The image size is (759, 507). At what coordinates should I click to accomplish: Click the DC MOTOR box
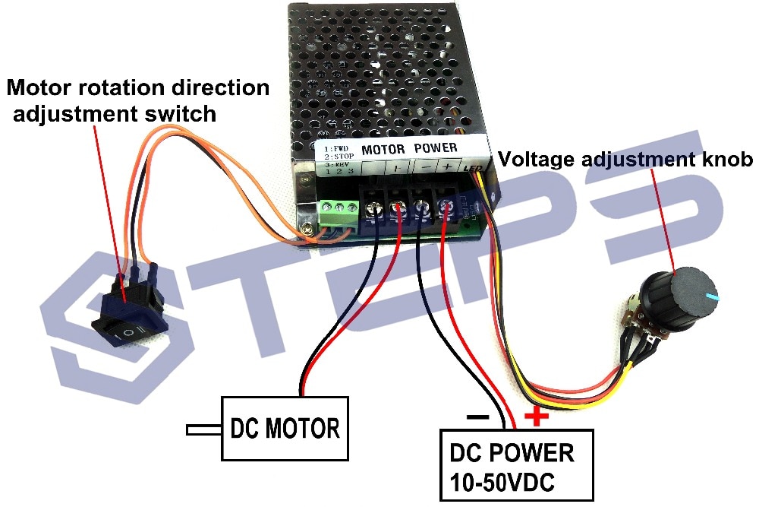pyautogui.click(x=285, y=428)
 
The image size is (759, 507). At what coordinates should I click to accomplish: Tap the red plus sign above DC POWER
pyautogui.click(x=537, y=416)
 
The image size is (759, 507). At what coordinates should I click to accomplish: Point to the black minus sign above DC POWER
pyautogui.click(x=477, y=417)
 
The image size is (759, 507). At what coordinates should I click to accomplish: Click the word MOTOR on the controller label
pyautogui.click(x=383, y=148)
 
